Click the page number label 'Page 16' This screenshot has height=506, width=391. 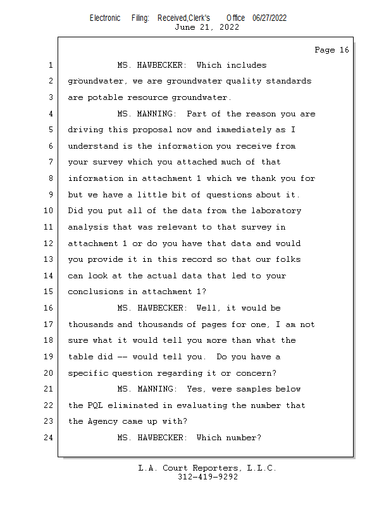332,50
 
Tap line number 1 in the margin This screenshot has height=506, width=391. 49,65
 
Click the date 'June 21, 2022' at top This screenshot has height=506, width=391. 207,27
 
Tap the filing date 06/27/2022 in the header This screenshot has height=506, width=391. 270,18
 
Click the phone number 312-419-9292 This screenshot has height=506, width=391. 208,477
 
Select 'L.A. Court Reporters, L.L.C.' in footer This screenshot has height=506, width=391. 207,468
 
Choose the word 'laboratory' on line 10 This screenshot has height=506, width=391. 278,211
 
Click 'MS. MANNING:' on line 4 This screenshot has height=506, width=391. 147,114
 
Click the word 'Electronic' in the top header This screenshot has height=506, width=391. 105,18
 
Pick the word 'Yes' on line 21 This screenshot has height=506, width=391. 195,389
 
